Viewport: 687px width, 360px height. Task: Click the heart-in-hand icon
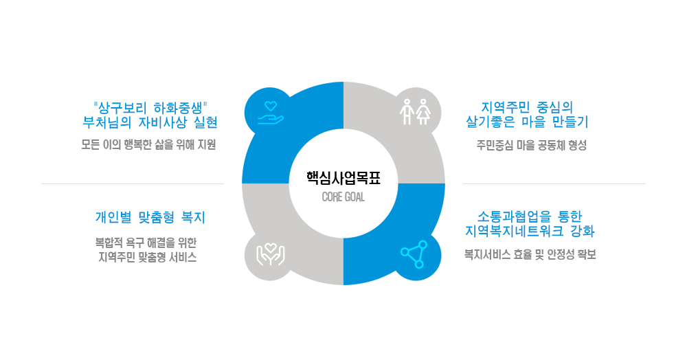(270, 113)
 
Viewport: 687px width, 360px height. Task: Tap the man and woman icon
(415, 112)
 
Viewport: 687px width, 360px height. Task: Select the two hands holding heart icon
(270, 254)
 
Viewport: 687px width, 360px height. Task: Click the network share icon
(414, 254)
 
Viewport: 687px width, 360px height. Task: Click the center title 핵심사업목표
(343, 178)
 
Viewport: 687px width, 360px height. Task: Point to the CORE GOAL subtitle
(343, 197)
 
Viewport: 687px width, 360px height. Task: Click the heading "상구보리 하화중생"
(150, 107)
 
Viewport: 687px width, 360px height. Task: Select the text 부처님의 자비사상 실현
(150, 122)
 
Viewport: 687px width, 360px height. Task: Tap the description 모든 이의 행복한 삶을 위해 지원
(148, 145)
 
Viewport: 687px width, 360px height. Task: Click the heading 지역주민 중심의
(527, 107)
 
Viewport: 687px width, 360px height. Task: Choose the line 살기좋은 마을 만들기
(527, 122)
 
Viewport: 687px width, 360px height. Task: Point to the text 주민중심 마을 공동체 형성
(532, 146)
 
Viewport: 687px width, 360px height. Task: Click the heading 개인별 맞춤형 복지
(150, 217)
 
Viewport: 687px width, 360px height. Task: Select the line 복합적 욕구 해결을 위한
(146, 243)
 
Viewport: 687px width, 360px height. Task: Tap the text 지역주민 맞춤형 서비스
(147, 257)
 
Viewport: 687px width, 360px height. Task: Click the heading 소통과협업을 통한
(530, 216)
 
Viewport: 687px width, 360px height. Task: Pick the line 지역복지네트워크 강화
(530, 231)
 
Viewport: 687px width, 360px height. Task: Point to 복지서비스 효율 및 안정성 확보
(530, 254)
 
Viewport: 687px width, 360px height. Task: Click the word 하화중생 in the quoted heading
(179, 107)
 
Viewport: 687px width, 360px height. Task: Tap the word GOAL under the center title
(354, 197)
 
